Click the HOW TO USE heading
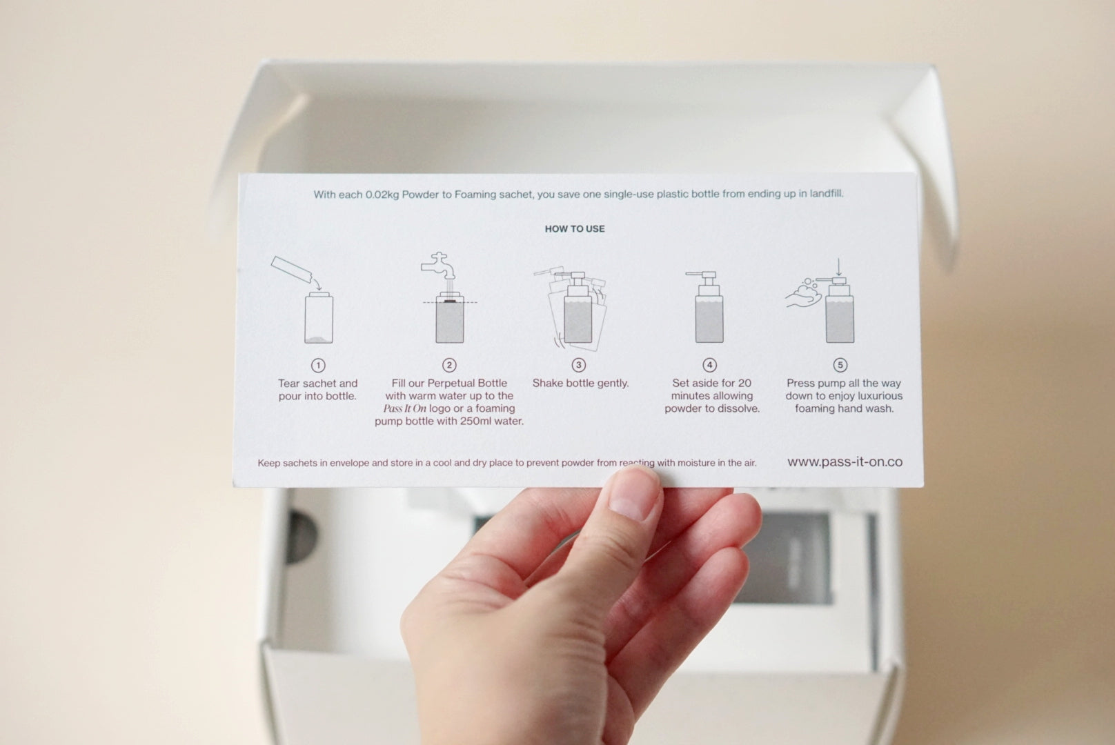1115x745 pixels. coord(575,229)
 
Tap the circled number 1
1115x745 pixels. coord(318,366)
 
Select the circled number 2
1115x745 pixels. coord(449,366)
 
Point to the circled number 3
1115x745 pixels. coord(578,366)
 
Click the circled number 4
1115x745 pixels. coord(709,366)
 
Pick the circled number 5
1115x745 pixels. coord(840,366)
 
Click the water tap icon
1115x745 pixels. coord(438,266)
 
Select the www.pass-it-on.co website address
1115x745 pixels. coord(845,461)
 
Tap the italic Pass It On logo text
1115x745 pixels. coord(405,408)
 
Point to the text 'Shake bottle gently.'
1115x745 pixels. coord(580,384)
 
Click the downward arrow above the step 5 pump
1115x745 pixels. coord(839,267)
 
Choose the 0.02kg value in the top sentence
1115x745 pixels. coord(382,195)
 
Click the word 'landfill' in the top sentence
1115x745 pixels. coord(826,193)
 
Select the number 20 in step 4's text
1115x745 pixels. coord(744,384)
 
